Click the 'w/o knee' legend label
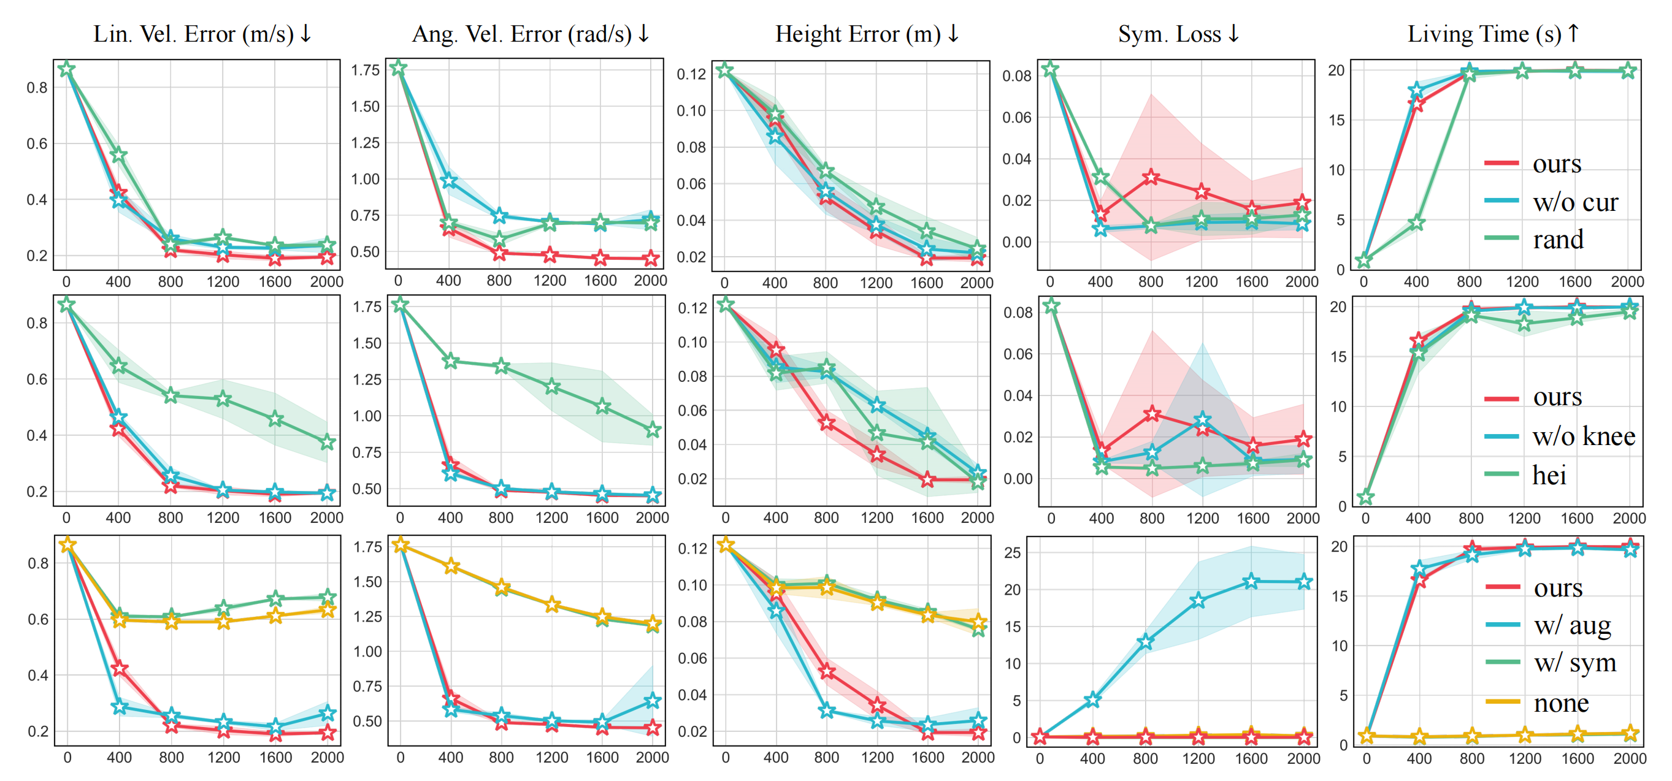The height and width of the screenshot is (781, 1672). [x=1584, y=436]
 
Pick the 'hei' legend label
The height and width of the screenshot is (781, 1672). [x=1549, y=476]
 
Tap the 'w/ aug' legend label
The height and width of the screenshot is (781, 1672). [x=1572, y=625]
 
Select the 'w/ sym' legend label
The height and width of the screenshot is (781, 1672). [x=1574, y=663]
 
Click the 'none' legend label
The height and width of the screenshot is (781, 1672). [x=1561, y=703]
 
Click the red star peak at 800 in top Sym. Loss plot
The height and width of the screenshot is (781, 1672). [x=1151, y=177]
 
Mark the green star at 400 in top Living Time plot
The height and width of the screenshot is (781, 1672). [x=1416, y=223]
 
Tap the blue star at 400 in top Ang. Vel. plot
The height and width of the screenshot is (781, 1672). [x=448, y=180]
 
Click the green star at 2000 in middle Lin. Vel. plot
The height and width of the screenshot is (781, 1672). [x=327, y=443]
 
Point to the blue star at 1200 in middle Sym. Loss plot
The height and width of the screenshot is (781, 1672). [x=1203, y=421]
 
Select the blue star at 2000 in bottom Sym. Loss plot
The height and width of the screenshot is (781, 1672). [x=1304, y=582]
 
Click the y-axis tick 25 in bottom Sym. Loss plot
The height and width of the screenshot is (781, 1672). [x=1013, y=554]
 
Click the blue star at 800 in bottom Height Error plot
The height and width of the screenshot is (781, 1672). [x=826, y=711]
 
